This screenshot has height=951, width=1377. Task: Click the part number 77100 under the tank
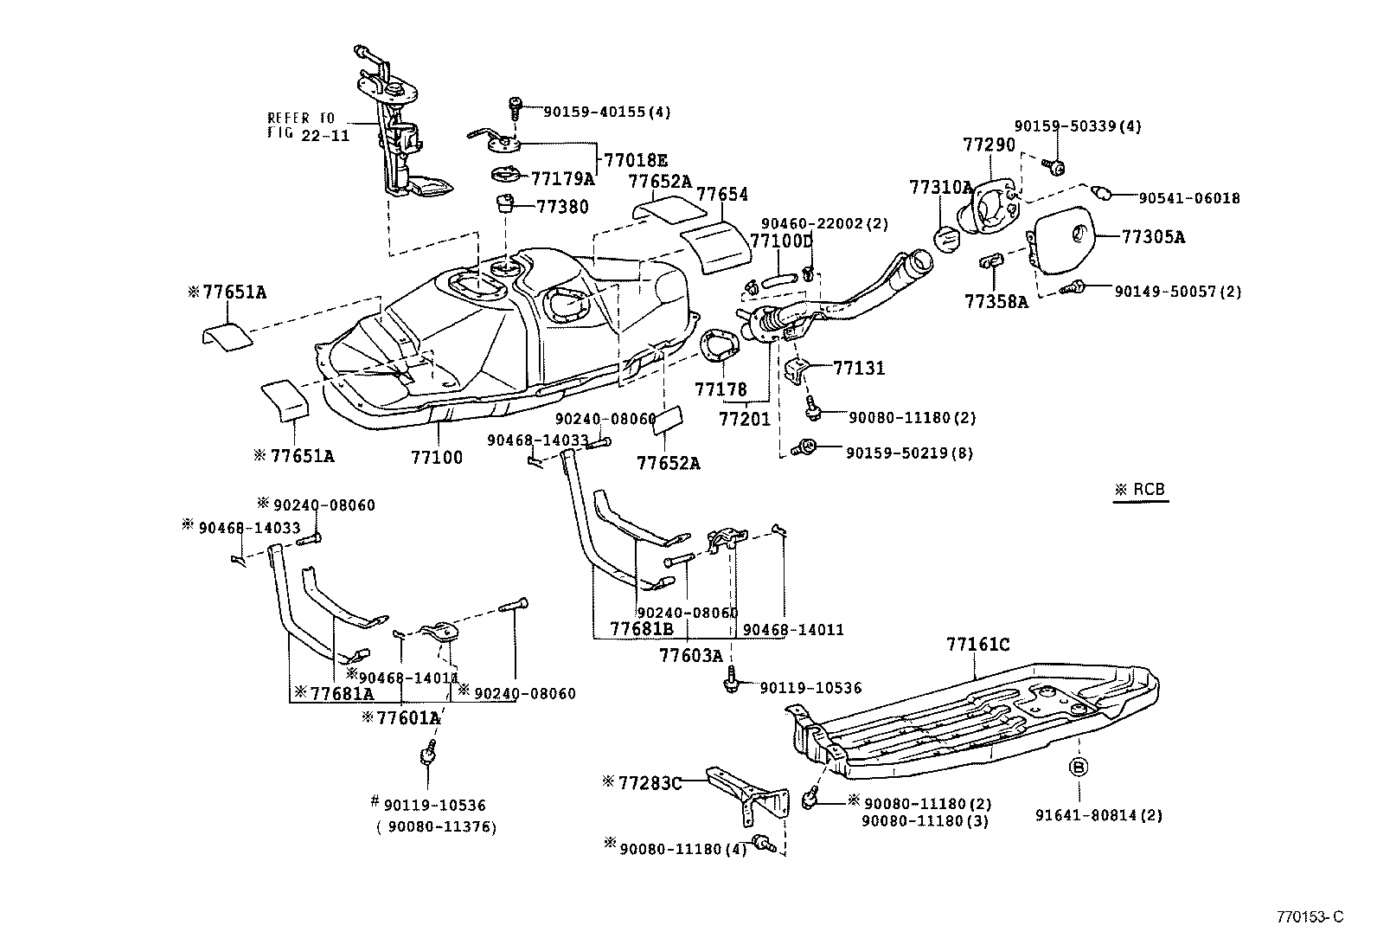(436, 457)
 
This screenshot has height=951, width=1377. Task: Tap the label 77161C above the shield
(977, 645)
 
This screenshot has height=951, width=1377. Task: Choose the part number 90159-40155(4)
(606, 112)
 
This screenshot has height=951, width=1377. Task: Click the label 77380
(562, 207)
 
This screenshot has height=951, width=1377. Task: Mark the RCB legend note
(1141, 490)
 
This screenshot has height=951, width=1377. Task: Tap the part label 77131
(859, 368)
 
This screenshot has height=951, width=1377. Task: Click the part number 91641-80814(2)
(1098, 814)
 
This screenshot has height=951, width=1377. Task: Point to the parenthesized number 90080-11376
(436, 826)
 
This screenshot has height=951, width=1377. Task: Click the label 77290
(989, 145)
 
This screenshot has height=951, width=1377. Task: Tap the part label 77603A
(690, 655)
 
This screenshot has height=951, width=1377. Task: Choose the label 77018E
(636, 160)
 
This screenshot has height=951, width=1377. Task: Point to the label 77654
(722, 195)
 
